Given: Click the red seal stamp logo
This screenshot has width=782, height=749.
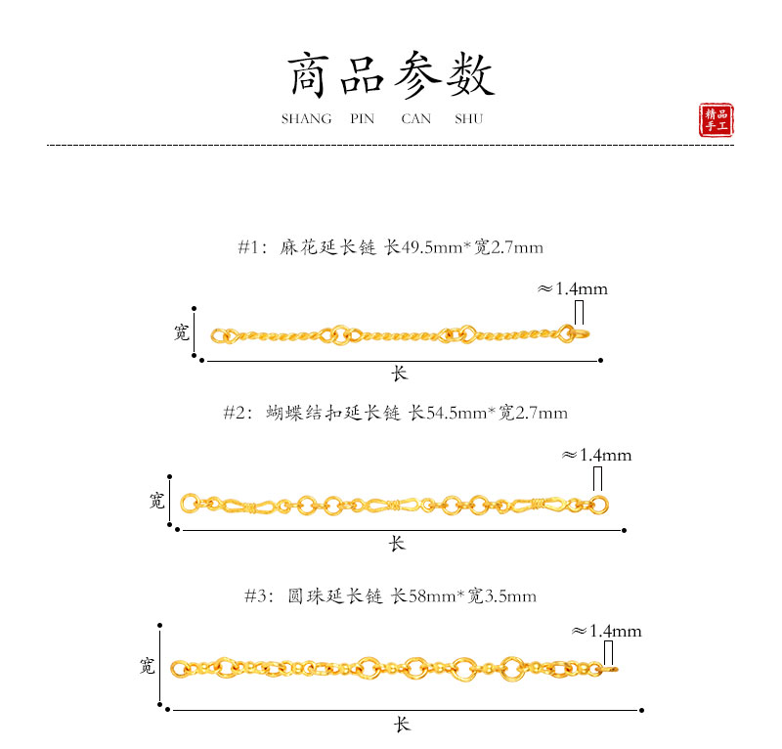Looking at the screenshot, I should pos(717,120).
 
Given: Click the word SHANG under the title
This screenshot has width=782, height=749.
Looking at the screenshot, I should pos(306,119).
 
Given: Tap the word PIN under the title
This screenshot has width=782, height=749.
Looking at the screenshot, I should pos(362,119).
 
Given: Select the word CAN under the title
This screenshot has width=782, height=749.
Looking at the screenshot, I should pos(416,119).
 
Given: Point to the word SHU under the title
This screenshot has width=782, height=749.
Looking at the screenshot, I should pos(468,119).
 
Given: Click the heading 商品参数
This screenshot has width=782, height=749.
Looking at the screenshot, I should pos(391,74).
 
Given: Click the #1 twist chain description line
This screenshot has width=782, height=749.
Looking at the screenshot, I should pos(390,247).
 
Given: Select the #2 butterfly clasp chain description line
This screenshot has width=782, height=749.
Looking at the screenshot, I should pos(395,413).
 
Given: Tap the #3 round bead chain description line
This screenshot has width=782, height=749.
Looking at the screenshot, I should pos(390,595).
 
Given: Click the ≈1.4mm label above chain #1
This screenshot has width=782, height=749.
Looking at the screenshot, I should pos(573,288).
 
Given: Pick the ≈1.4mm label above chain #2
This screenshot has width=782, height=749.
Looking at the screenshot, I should pos(596,455).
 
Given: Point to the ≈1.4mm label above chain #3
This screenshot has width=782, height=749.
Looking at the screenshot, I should pos(606,631).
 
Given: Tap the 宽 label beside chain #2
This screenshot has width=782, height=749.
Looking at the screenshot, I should pos(156,502).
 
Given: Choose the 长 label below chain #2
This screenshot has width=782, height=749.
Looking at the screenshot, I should pos(397,543).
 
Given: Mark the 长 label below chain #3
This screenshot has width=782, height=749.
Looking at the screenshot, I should pos(402,725).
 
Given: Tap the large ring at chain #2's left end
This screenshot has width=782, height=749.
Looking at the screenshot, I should pos(190,505).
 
